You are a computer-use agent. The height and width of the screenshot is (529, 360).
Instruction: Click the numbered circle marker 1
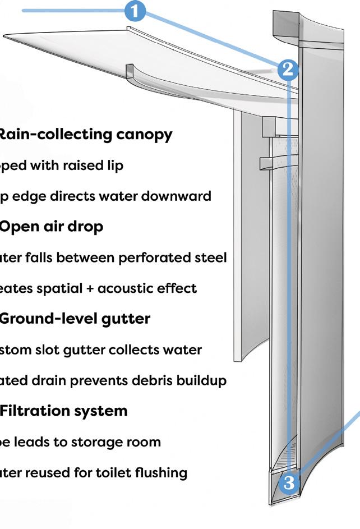(135, 11)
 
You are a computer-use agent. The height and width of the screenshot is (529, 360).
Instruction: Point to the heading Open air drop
(51, 227)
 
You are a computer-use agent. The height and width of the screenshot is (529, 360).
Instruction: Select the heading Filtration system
(63, 411)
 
